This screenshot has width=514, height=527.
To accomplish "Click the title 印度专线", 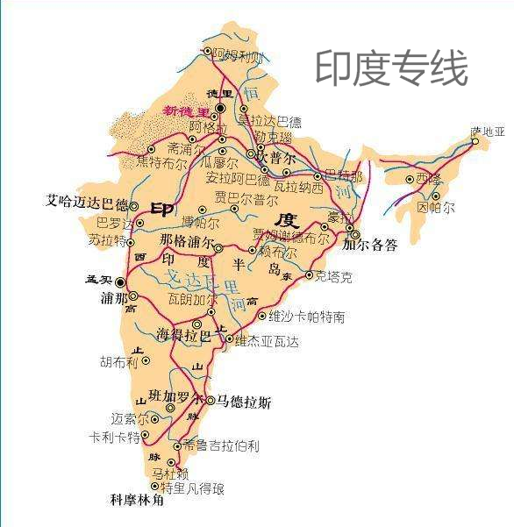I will point(391,68).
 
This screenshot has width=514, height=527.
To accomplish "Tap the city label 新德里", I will point(187,111).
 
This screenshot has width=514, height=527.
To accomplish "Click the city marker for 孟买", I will point(121,282).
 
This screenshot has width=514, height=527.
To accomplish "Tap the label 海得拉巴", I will point(182,335).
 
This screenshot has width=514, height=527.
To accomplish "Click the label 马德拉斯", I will point(245,402).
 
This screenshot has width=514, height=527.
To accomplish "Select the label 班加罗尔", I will point(175,396).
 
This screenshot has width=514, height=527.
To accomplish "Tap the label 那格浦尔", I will point(186,241).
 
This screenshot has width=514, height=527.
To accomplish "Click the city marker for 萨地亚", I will point(475,141).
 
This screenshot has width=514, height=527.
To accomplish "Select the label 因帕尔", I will point(436,208).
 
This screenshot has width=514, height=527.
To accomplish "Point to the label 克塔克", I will point(334,277).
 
